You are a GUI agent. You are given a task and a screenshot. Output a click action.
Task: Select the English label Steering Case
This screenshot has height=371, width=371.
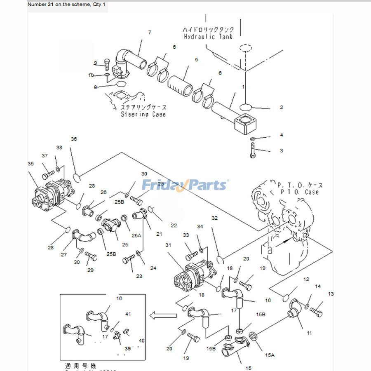(143, 114)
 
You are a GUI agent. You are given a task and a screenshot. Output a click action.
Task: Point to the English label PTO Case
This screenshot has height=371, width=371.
(294, 192)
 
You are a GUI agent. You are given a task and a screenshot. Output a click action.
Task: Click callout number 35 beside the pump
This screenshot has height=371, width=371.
(31, 163)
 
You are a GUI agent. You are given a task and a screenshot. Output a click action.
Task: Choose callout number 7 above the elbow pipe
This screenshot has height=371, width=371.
(150, 32)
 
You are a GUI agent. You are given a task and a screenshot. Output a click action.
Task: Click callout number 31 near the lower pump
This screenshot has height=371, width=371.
(168, 245)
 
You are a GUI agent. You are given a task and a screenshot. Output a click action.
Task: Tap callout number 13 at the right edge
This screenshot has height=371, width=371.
(331, 294)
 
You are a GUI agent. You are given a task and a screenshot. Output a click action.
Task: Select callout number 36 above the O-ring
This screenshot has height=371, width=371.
(74, 139)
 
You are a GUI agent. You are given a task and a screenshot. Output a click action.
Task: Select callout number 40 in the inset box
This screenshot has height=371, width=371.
(141, 340)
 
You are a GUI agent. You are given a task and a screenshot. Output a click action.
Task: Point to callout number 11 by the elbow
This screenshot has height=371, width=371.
(309, 333)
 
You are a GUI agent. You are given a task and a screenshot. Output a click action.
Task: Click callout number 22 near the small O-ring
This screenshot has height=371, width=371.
(174, 225)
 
